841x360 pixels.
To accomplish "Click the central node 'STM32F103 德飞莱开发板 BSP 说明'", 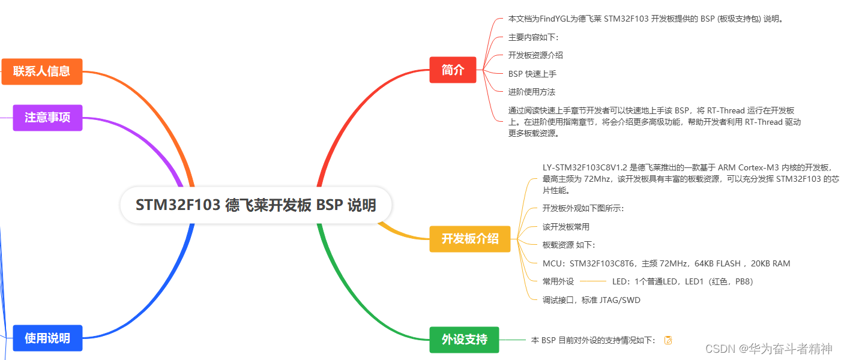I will [x=256, y=205].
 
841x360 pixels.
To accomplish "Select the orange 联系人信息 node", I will [x=41, y=71].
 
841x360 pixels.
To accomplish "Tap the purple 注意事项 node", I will [x=47, y=118].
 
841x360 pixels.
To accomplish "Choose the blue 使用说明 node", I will [x=47, y=338].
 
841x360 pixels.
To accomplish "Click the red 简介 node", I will [x=453, y=70].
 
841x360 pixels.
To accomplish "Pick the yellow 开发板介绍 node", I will [x=469, y=239].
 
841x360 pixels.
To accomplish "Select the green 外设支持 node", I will [x=464, y=340].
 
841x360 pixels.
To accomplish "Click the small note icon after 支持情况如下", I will [x=668, y=340].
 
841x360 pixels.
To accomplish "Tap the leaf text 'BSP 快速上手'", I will [x=532, y=74].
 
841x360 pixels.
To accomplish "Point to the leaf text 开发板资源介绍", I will [x=535, y=55].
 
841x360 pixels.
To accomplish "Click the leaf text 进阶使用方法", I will [x=531, y=92].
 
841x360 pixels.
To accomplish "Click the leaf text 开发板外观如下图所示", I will [x=583, y=208].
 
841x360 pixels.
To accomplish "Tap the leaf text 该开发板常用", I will [x=565, y=227].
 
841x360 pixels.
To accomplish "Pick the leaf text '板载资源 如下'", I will [x=568, y=245].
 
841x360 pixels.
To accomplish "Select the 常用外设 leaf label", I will [x=558, y=281].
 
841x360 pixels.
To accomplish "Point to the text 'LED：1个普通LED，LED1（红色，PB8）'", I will [x=682, y=281].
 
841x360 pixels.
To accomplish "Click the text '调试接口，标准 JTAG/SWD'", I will [x=591, y=300].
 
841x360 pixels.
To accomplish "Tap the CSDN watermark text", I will [x=768, y=349].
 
